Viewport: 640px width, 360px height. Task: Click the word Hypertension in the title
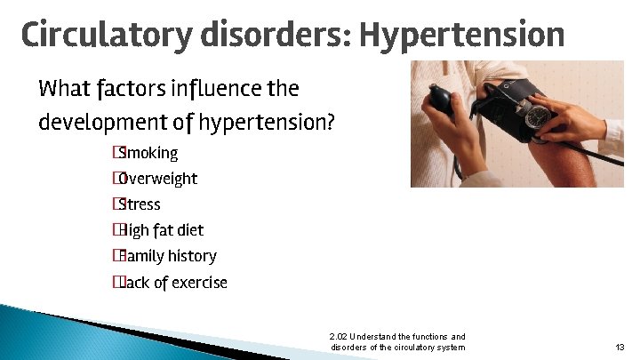coord(462,36)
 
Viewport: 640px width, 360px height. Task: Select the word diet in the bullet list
coord(189,230)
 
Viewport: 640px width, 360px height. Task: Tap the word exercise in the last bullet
coord(199,283)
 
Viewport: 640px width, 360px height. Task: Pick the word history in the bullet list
coord(193,256)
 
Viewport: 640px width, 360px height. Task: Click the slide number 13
coord(620,348)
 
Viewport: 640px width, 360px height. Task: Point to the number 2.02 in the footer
coord(338,337)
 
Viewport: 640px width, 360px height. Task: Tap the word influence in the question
coord(218,89)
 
